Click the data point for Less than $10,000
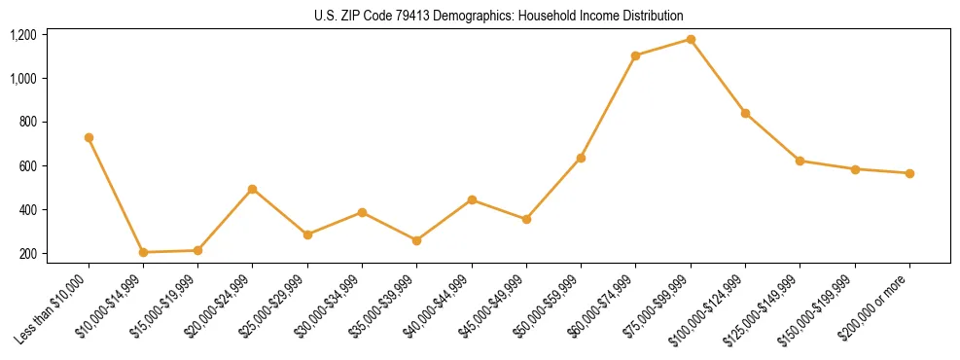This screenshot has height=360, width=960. coord(89,137)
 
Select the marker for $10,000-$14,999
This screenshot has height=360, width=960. coord(143,252)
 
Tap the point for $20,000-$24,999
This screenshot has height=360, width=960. coord(253,189)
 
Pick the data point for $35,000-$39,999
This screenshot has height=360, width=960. coord(416,240)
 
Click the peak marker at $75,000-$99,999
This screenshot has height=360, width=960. coord(691,39)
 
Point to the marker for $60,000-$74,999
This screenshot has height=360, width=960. coord(635,55)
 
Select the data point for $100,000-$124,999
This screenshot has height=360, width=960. coord(745,113)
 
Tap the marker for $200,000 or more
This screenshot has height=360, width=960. coord(909,173)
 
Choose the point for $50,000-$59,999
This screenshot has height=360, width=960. coord(581,158)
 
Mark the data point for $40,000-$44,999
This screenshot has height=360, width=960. coord(472,199)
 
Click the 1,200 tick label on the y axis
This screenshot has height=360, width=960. coord(23,35)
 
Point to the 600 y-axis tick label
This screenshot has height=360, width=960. coord(27,166)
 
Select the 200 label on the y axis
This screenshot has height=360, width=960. coord(27,254)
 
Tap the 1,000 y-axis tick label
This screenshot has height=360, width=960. coord(23,79)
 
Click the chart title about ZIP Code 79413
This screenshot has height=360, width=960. coord(499,16)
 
